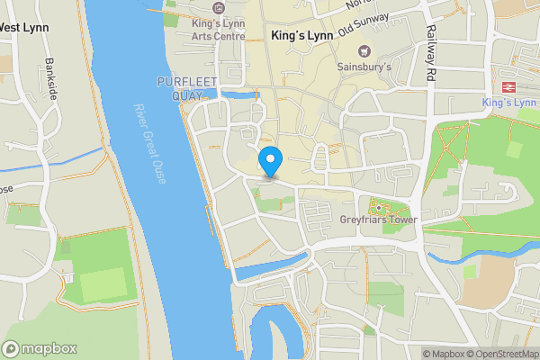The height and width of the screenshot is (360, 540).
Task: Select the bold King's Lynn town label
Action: [x=301, y=36]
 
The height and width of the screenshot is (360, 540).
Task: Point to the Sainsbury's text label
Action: [x=364, y=67]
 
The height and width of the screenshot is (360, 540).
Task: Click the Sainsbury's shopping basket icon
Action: [x=364, y=50]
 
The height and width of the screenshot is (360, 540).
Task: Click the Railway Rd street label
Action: [x=430, y=56]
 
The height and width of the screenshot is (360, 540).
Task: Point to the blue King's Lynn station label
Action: [x=510, y=103]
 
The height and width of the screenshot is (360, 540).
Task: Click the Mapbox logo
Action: [x=40, y=348]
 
